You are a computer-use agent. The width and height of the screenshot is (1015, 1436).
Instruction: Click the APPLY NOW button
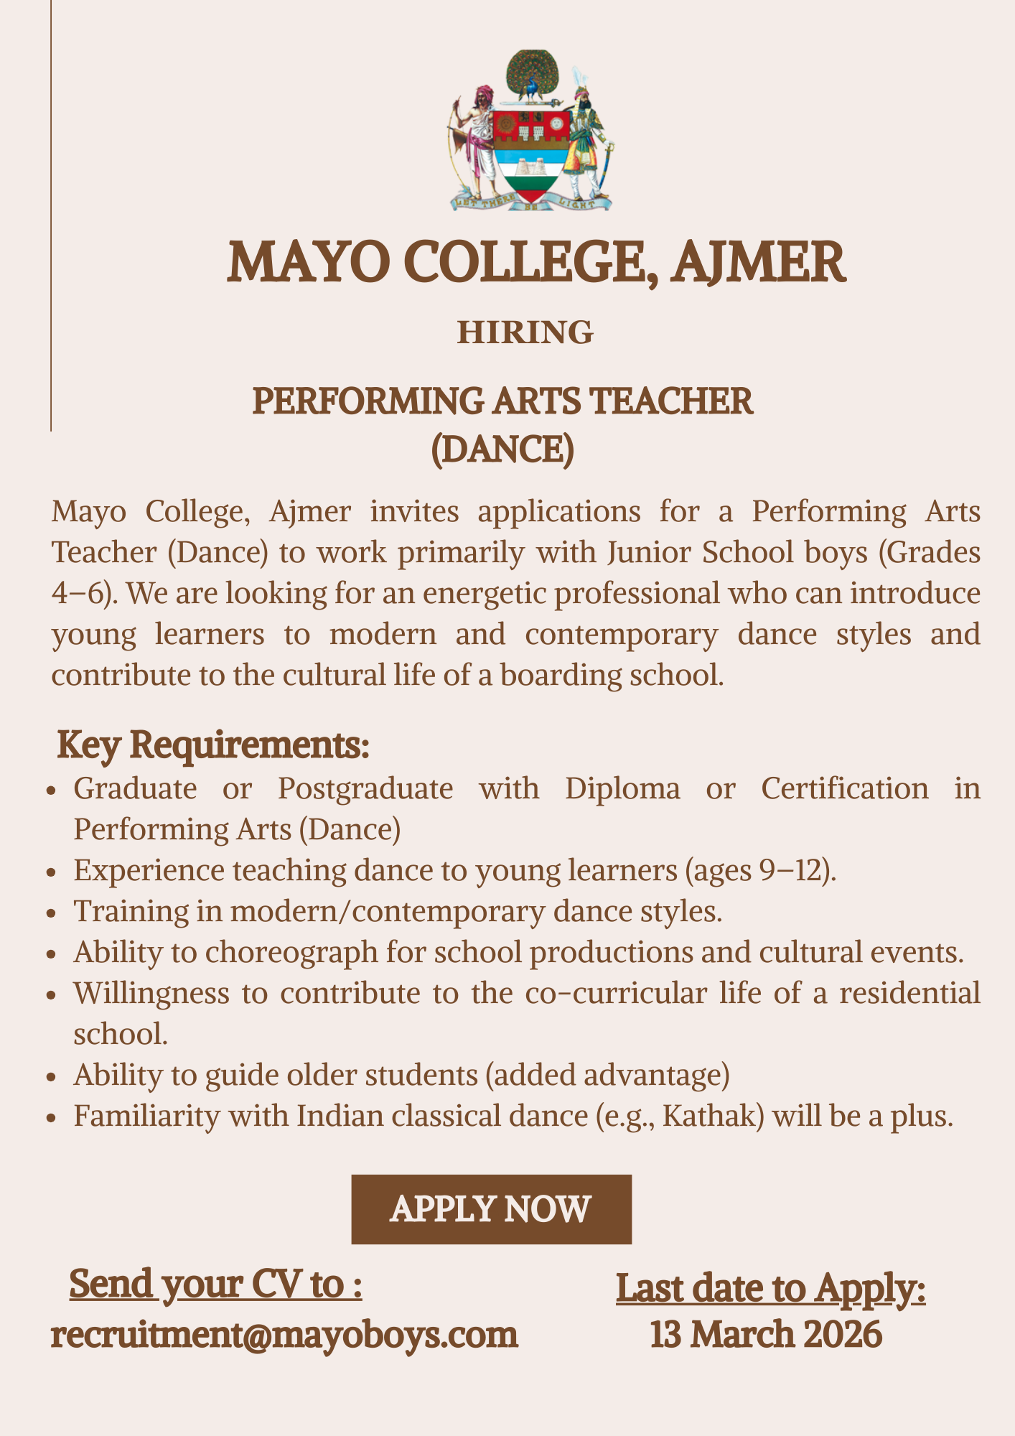click(491, 1209)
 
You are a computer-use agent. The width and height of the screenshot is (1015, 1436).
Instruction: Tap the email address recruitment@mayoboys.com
click(284, 1335)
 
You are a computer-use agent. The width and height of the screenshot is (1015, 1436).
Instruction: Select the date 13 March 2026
click(766, 1335)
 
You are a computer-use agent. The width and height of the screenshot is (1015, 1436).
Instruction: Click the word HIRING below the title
click(525, 332)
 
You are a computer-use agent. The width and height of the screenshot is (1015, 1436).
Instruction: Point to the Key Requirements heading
click(213, 745)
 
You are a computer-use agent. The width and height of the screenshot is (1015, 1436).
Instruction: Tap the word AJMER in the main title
click(759, 262)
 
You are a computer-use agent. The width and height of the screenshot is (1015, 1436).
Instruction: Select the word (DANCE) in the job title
click(502, 449)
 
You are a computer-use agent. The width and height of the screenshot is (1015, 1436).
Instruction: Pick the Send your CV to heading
click(215, 1284)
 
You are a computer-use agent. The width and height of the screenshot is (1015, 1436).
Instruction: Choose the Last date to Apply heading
click(771, 1288)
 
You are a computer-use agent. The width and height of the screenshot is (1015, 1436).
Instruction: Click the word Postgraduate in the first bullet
click(365, 788)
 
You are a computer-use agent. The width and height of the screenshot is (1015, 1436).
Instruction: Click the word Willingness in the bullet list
click(151, 994)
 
